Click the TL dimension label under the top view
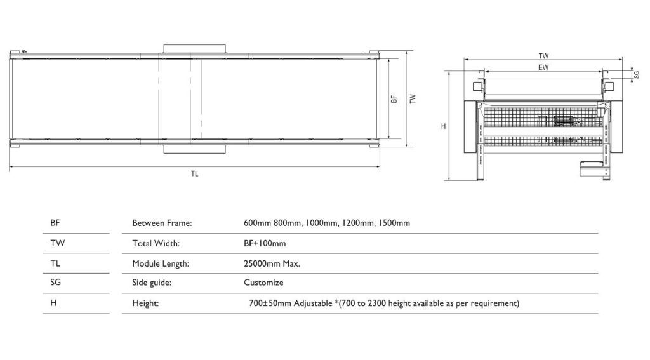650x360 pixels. pos(194,174)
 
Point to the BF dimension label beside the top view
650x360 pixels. pos(394,99)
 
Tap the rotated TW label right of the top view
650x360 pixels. pos(413,98)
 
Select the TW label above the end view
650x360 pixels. pos(543,56)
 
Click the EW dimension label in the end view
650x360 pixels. pos(543,67)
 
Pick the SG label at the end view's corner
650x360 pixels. pos(637,74)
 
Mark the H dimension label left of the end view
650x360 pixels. pos(444,126)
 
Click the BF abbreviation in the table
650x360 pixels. pos(55,223)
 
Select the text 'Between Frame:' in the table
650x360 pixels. pos(162,223)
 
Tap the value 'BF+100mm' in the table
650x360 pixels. pos(265,243)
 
